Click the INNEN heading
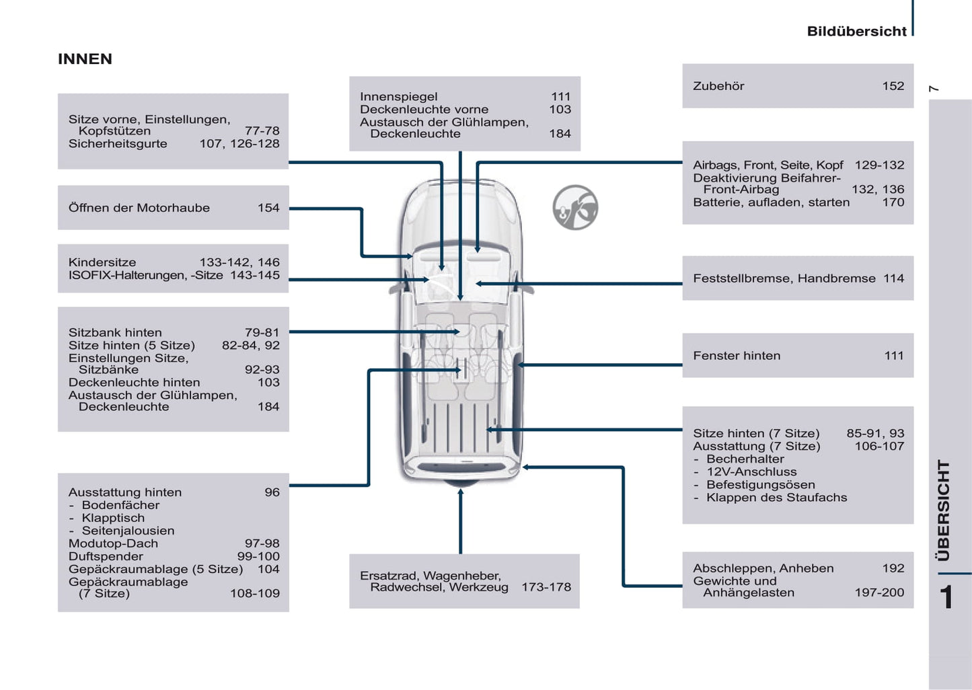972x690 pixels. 85,59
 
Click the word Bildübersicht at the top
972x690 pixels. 856,32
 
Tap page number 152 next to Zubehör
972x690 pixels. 893,86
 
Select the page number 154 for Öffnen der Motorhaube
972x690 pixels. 268,208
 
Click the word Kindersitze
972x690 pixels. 102,262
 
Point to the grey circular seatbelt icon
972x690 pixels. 575,208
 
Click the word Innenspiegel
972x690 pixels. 398,97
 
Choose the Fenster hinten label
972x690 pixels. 737,356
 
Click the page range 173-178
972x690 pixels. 546,587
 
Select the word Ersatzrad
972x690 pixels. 388,576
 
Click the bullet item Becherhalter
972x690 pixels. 745,459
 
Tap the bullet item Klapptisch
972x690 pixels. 113,518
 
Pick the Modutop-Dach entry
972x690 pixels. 113,543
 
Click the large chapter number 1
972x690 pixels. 946,597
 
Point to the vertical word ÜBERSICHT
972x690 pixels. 944,510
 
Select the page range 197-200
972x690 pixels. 879,592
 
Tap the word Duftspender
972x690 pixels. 106,556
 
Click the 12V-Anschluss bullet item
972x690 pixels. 751,472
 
